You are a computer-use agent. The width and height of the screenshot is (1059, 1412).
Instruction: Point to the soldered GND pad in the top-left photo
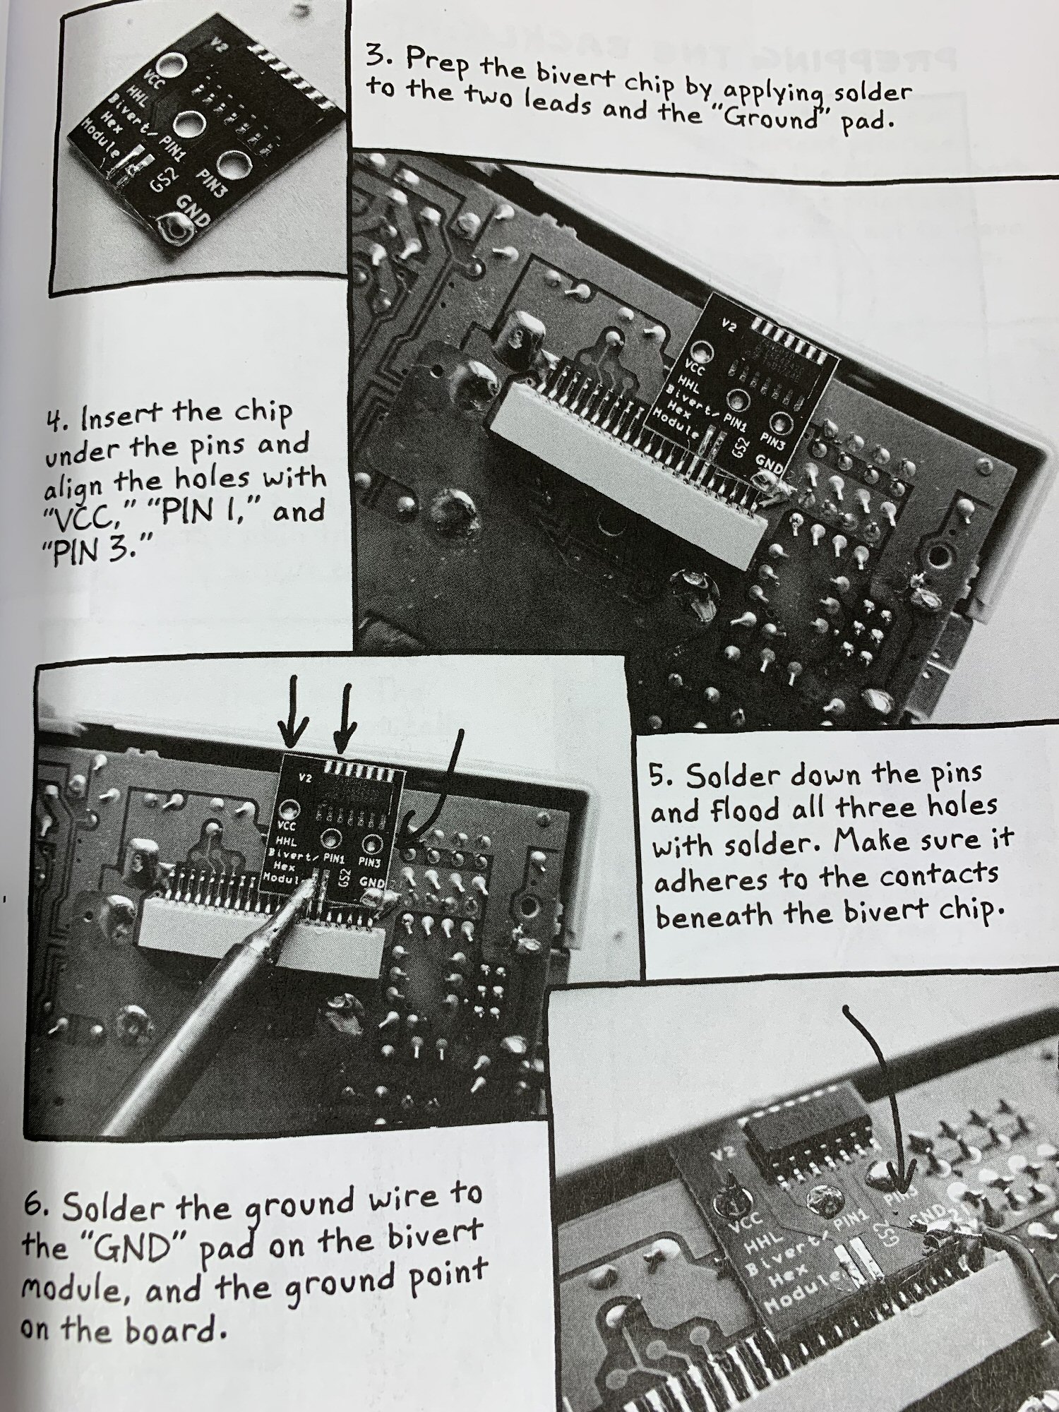pyautogui.click(x=175, y=227)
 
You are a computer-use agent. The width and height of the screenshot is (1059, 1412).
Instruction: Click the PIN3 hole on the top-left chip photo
pyautogui.click(x=234, y=165)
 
